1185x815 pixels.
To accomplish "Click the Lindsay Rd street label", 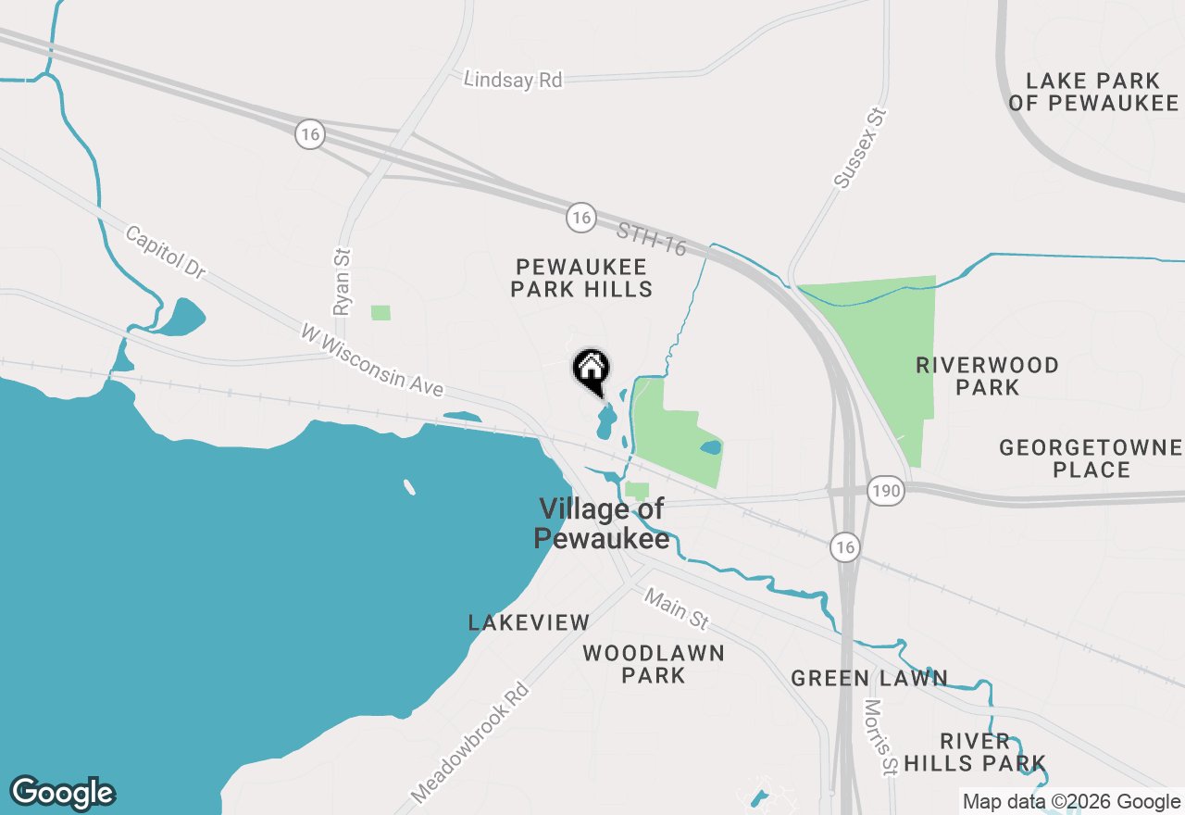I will coord(513,81).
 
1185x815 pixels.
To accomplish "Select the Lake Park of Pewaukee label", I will coord(1092,92).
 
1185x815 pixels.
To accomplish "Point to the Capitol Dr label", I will coord(166,252).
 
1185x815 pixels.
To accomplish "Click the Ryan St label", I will coord(343,281).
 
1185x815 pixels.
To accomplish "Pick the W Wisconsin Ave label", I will coord(372,360).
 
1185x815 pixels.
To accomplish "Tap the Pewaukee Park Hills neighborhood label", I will coord(582,278).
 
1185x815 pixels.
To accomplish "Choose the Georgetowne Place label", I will coord(1091,458).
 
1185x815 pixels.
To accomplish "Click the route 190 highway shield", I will coord(886,491).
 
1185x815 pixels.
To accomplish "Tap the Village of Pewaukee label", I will coord(602,523).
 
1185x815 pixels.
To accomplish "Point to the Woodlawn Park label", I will coord(654,664).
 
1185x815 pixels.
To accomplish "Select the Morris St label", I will coord(880,736).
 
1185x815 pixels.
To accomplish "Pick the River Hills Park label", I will coord(976,752).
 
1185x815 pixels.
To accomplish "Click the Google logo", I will coord(62,793).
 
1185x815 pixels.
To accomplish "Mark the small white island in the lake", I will coord(408,486).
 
